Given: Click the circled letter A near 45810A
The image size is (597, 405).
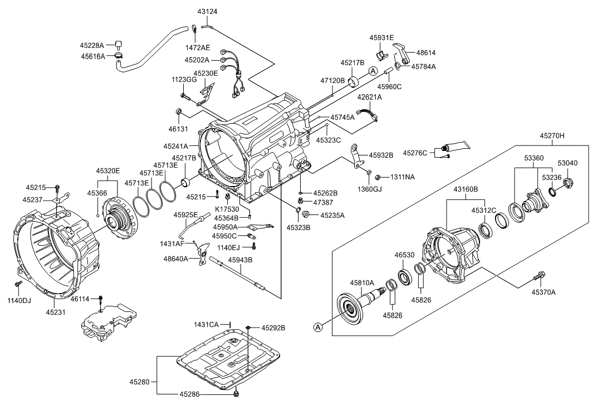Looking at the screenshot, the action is [x=318, y=327].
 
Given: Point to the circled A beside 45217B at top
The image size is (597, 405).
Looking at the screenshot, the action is [x=372, y=70].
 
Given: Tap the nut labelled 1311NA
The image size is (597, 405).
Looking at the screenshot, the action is [x=378, y=177].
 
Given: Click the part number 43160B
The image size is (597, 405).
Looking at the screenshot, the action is [x=465, y=189].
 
